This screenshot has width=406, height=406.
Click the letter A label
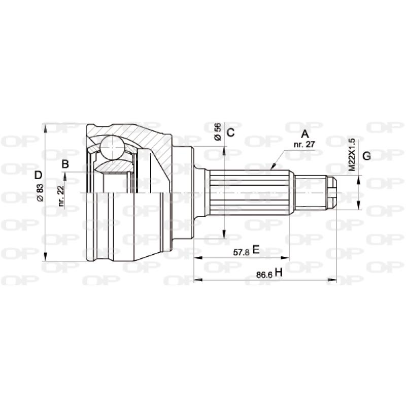point(305,134)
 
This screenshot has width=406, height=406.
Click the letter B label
point(65,164)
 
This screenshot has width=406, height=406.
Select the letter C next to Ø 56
point(230,133)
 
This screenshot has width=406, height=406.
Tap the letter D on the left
point(38,176)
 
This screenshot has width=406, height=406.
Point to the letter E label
point(256,249)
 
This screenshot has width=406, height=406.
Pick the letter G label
point(366,156)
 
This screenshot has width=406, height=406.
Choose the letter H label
point(278,273)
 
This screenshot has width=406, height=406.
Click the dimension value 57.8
point(241,251)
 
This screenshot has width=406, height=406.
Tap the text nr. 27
point(305,144)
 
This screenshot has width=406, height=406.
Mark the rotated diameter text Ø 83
point(40,193)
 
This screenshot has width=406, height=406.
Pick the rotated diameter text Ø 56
point(217,132)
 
